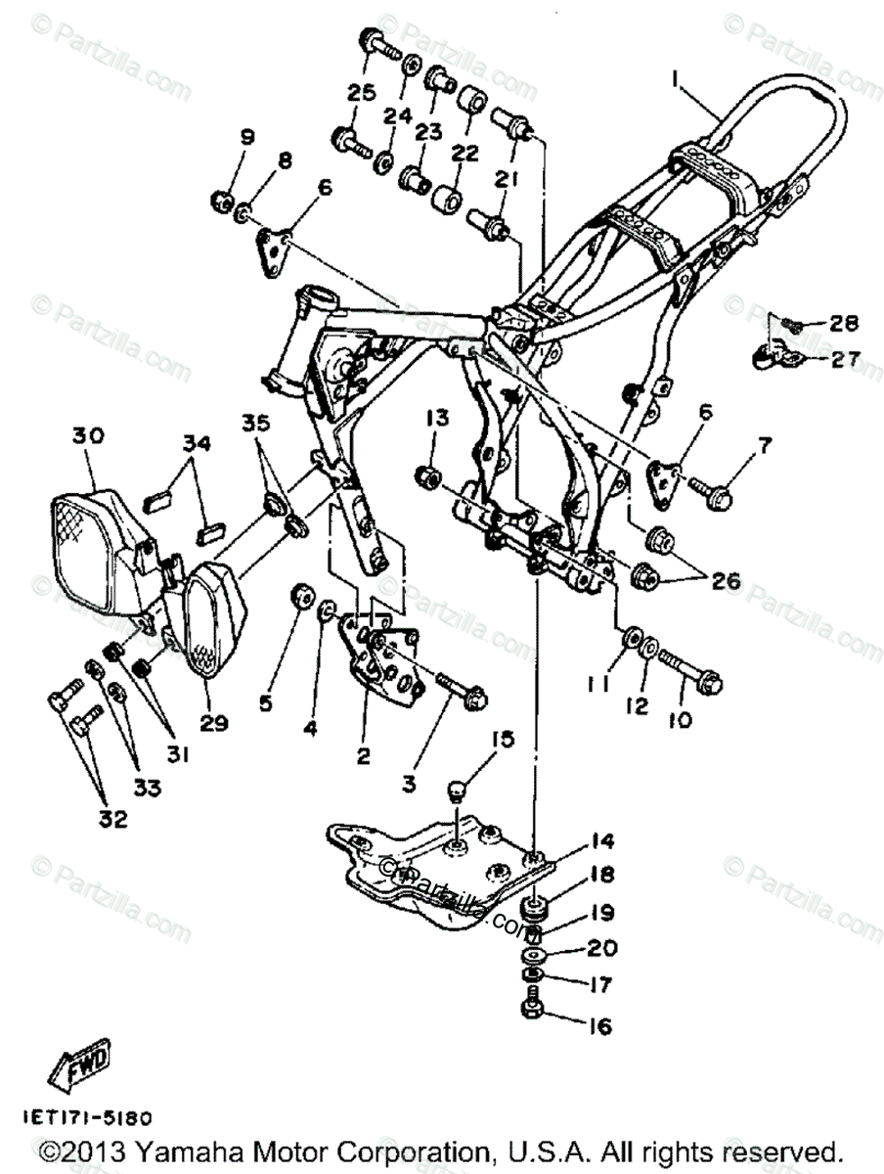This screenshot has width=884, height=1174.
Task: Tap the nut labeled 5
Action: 301,596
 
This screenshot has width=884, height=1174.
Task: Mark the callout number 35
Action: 255,424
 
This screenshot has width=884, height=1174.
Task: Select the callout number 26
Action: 726,581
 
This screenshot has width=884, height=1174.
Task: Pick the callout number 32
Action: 113,820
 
